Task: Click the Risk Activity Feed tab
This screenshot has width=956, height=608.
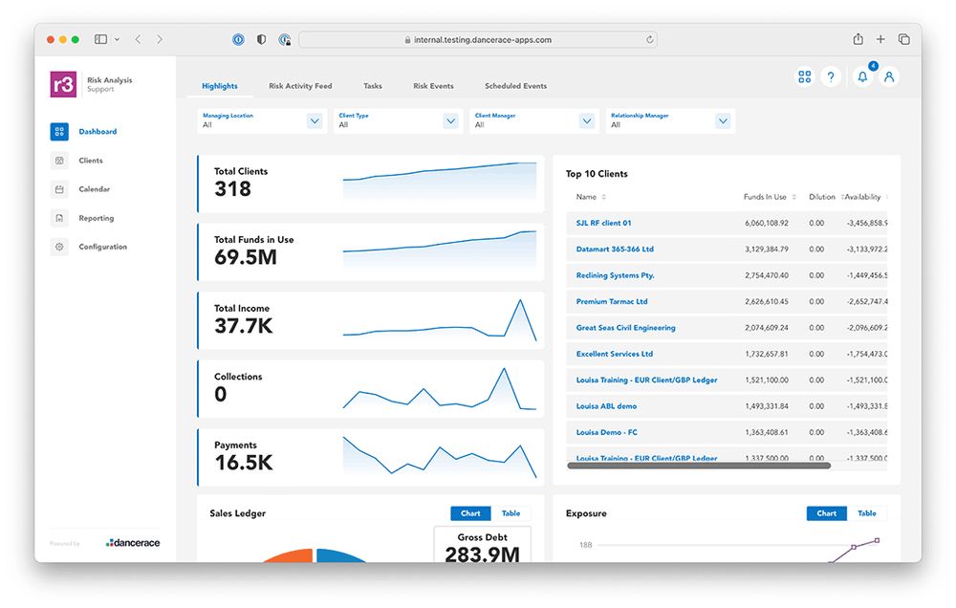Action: [300, 86]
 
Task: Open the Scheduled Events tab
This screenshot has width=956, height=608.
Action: [515, 86]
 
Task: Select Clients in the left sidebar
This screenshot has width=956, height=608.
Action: [91, 161]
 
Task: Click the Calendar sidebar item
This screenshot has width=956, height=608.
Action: [94, 189]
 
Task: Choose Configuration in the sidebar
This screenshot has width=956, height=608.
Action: [102, 247]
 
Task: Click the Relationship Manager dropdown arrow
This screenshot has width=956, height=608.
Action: [723, 120]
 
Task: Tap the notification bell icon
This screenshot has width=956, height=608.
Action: [862, 77]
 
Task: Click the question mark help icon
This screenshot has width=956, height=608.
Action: [831, 77]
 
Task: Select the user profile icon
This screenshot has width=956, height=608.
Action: [889, 77]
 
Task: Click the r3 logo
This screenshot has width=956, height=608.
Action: [63, 84]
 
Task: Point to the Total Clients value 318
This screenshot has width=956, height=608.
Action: [232, 189]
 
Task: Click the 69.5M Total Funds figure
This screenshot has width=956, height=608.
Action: [246, 257]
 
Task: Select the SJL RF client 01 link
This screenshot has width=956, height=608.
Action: [603, 223]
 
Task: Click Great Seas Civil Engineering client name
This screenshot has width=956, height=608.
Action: [625, 328]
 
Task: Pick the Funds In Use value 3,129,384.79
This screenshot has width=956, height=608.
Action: [766, 250]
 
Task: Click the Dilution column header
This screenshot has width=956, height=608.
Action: [821, 197]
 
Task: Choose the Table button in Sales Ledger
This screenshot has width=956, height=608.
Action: [511, 513]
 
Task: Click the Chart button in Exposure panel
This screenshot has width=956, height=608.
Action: [826, 513]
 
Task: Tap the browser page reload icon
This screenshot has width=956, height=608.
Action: [650, 40]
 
